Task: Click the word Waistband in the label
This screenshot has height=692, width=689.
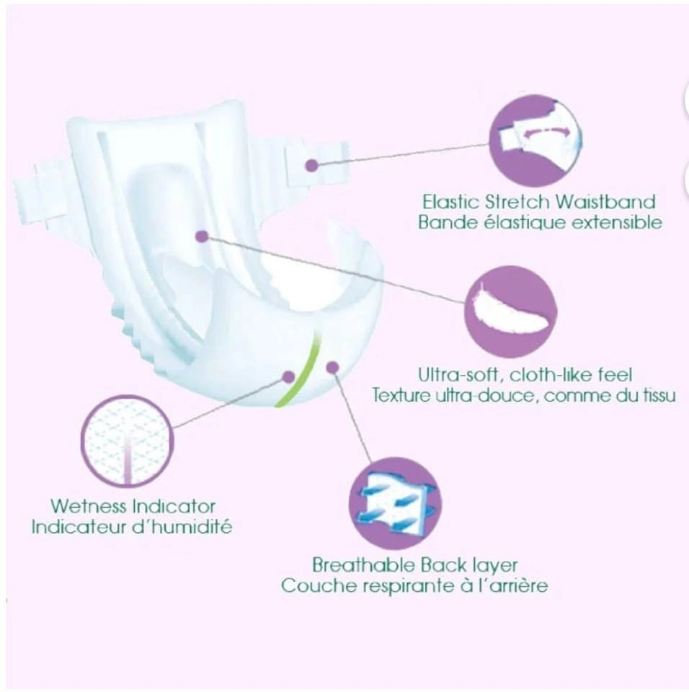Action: click(605, 202)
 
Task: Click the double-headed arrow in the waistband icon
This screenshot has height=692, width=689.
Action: click(545, 130)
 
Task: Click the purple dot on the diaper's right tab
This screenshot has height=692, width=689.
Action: click(312, 166)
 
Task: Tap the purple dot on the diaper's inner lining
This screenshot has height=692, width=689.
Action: click(202, 236)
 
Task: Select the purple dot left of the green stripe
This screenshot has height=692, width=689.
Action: click(288, 377)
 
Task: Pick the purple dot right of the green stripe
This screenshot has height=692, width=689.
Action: click(332, 367)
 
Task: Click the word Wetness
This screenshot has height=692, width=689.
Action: click(89, 506)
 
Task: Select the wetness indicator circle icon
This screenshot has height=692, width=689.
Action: click(127, 441)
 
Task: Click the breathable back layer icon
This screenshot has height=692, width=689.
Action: click(396, 503)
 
